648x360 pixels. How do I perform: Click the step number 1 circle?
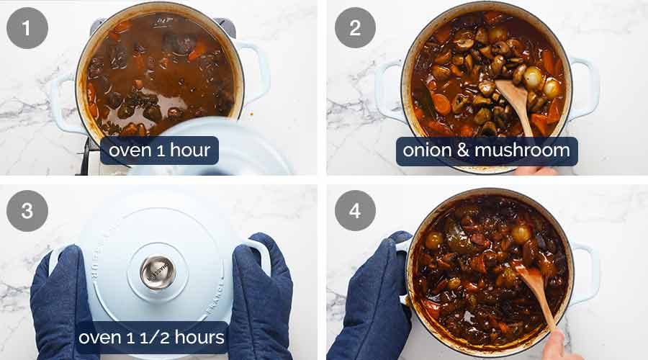tap(27, 28)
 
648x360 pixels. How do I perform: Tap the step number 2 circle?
tap(355, 28)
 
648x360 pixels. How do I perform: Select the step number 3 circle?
tap(27, 210)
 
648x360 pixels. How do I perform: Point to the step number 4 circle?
tap(355, 210)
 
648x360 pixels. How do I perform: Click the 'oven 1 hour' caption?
tap(159, 151)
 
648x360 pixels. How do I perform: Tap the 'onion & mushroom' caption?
tap(486, 151)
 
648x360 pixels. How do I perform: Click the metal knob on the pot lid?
tap(157, 272)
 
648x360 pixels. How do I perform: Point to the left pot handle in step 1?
tap(66, 101)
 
